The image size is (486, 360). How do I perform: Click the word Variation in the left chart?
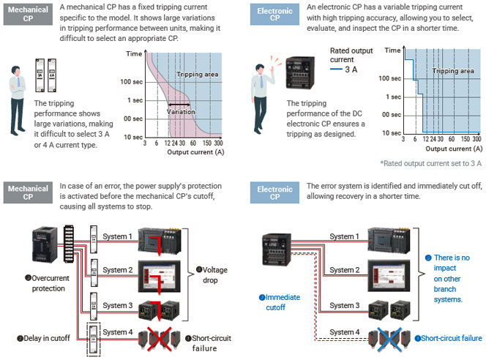(x=181, y=111)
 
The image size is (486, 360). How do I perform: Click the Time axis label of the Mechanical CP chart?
(x=133, y=53)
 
